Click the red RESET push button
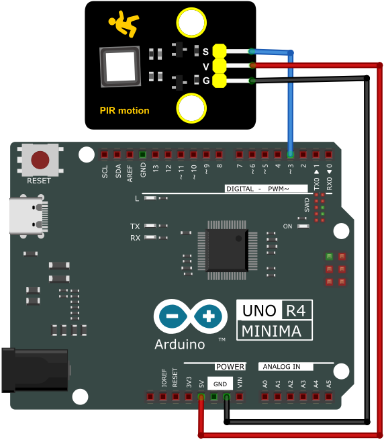(40, 160)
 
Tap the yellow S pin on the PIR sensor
(220, 51)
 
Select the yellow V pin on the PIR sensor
(220, 67)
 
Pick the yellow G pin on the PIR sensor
(220, 81)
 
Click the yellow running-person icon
(124, 24)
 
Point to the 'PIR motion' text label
(125, 111)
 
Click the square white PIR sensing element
(120, 67)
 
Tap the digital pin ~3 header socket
(290, 155)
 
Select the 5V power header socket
(201, 397)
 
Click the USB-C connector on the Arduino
(28, 216)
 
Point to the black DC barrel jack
(35, 370)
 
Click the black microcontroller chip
(227, 251)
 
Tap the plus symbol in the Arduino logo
(208, 316)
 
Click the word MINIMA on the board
(271, 331)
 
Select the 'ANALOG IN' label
(281, 367)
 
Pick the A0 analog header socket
(265, 397)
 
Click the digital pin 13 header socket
(155, 155)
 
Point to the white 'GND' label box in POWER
(220, 384)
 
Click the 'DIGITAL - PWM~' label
(258, 189)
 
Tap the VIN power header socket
(239, 397)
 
